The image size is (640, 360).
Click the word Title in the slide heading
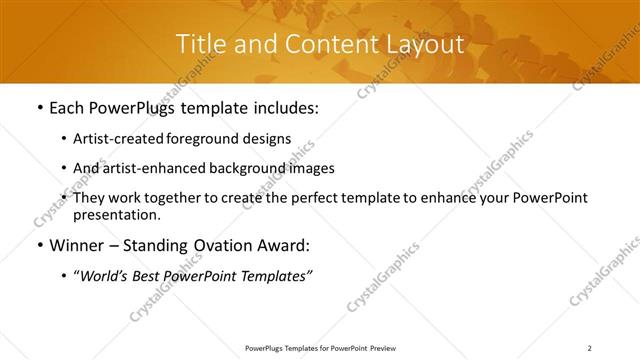click(x=198, y=44)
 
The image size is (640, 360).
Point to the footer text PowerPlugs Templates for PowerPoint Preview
click(x=319, y=348)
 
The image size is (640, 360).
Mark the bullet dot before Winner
click(x=39, y=246)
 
